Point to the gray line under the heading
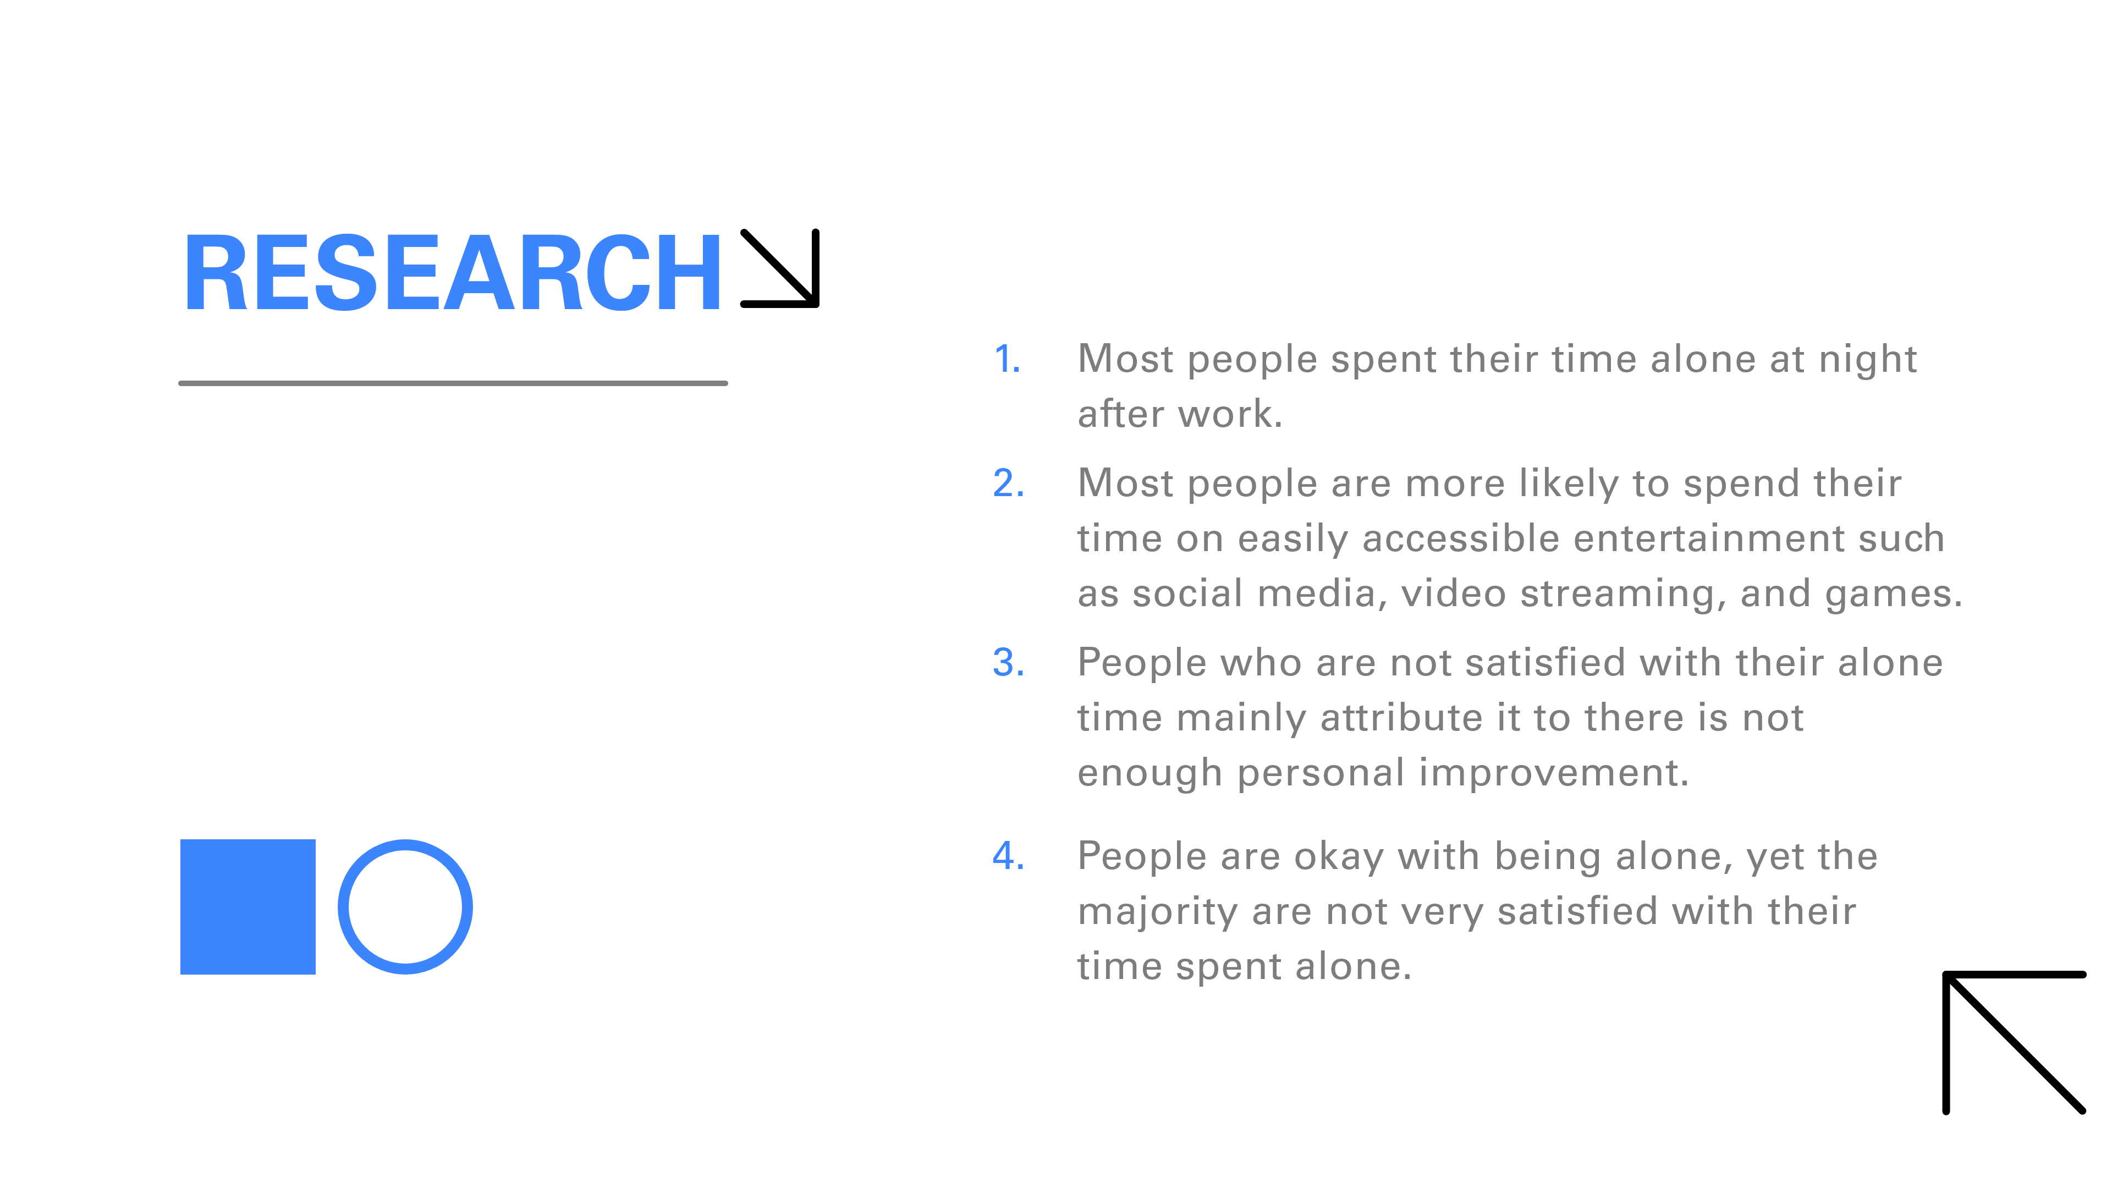pos(453,383)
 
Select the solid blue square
pos(248,907)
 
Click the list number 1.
pos(1008,360)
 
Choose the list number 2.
pos(1009,484)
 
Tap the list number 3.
pos(1009,662)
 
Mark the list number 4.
pos(1009,856)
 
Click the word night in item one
pos(1868,361)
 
